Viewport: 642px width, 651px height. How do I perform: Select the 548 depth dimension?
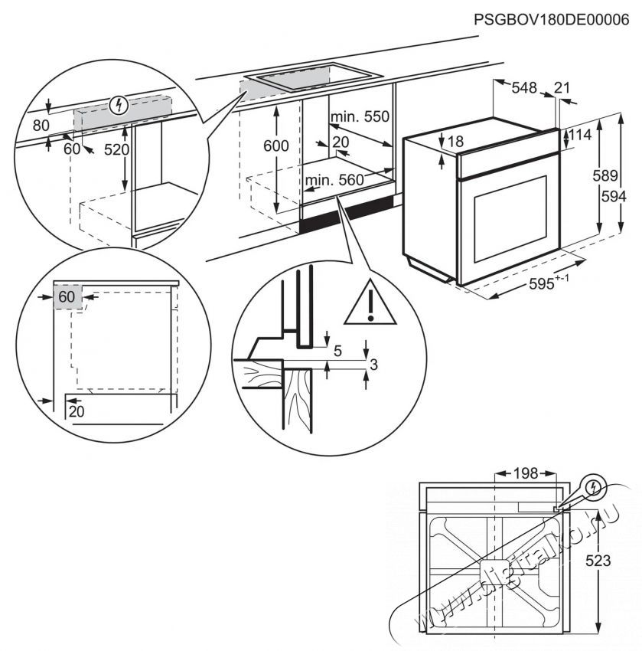pos(524,88)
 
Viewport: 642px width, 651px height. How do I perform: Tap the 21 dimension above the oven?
pos(562,88)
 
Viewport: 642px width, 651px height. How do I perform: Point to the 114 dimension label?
pos(582,136)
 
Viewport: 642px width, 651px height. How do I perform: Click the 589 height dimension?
pos(605,175)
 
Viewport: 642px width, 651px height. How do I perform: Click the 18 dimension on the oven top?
pos(456,141)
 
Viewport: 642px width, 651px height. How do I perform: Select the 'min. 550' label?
pos(360,117)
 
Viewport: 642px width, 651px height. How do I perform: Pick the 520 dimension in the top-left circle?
pos(116,150)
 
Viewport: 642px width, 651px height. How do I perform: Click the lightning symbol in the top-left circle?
pos(118,104)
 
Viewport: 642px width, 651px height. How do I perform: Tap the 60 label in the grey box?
pos(68,296)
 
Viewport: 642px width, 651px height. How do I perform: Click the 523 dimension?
pos(599,561)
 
